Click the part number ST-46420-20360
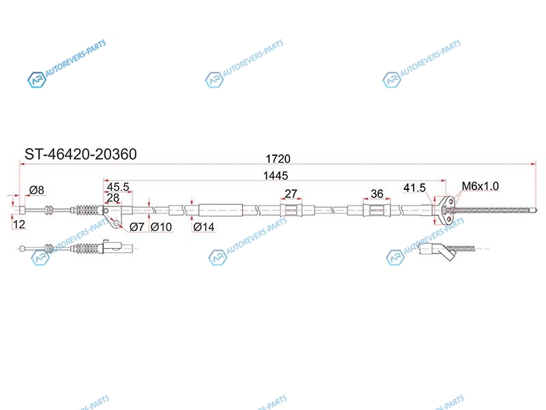(x=81, y=154)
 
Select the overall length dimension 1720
(x=278, y=159)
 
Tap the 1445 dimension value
(x=276, y=176)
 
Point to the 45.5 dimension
(x=118, y=187)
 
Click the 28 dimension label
(x=113, y=197)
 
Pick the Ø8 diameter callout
(x=37, y=190)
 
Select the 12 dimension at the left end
(x=19, y=224)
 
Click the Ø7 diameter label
(x=136, y=227)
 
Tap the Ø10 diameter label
(x=161, y=227)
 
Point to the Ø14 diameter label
(x=203, y=227)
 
